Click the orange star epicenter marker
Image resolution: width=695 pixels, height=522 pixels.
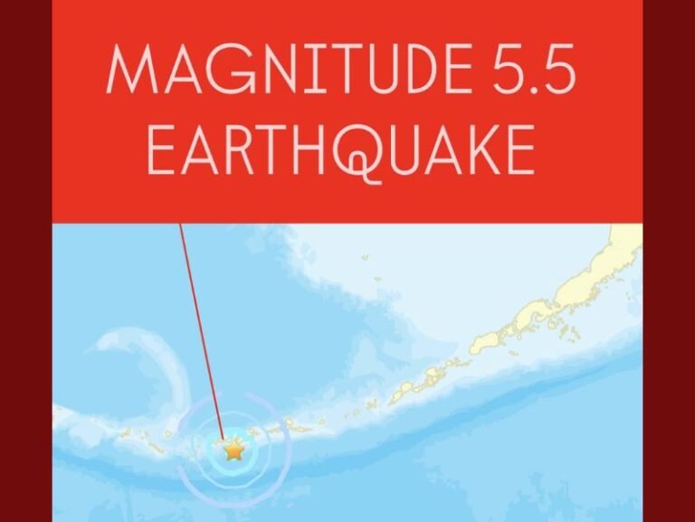pyautogui.click(x=234, y=449)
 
